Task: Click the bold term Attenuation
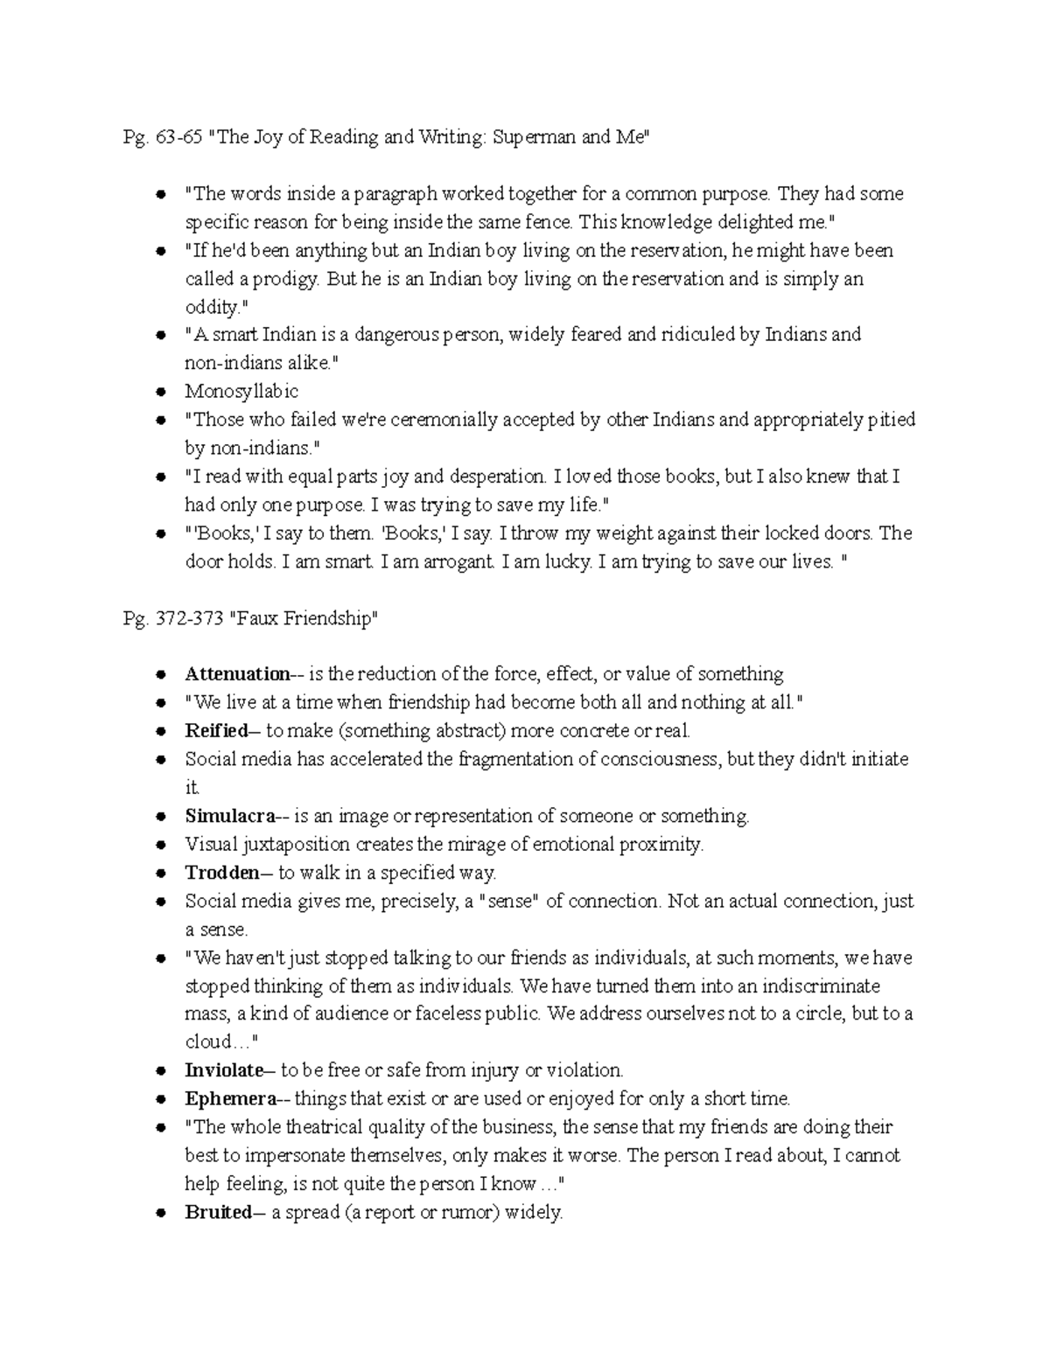tap(237, 674)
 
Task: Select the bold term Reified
tap(216, 731)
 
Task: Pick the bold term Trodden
tap(221, 873)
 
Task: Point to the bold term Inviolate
tap(224, 1070)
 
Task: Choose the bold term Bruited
tap(218, 1213)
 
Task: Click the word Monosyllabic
tap(241, 392)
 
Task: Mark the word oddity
tap(211, 308)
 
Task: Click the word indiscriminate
tap(808, 986)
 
